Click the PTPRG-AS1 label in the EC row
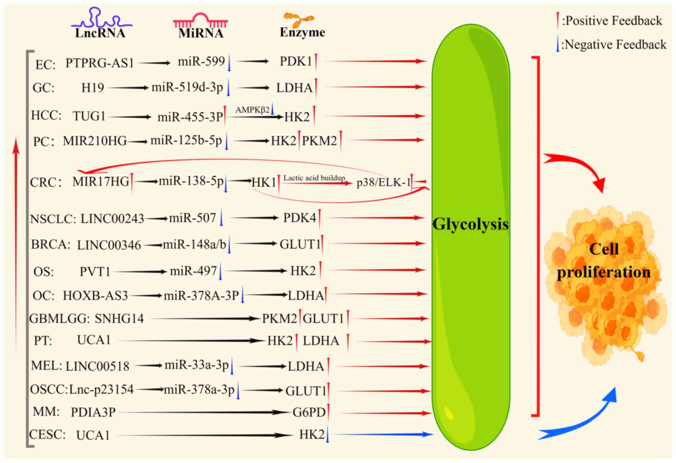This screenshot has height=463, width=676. point(99,63)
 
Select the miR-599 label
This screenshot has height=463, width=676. point(201,61)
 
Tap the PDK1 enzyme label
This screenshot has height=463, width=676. point(295,61)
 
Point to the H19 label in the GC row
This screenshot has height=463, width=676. point(92,88)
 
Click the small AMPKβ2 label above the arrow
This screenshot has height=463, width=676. point(253,110)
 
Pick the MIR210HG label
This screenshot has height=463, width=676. point(95,141)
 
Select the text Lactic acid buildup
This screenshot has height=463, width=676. point(314,178)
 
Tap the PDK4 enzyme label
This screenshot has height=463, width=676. point(299,218)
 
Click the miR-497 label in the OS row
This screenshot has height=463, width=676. point(193,271)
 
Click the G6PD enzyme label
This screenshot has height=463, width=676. point(309,412)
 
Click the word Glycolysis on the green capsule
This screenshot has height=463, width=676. point(470,224)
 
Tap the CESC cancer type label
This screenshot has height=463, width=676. point(47,434)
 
